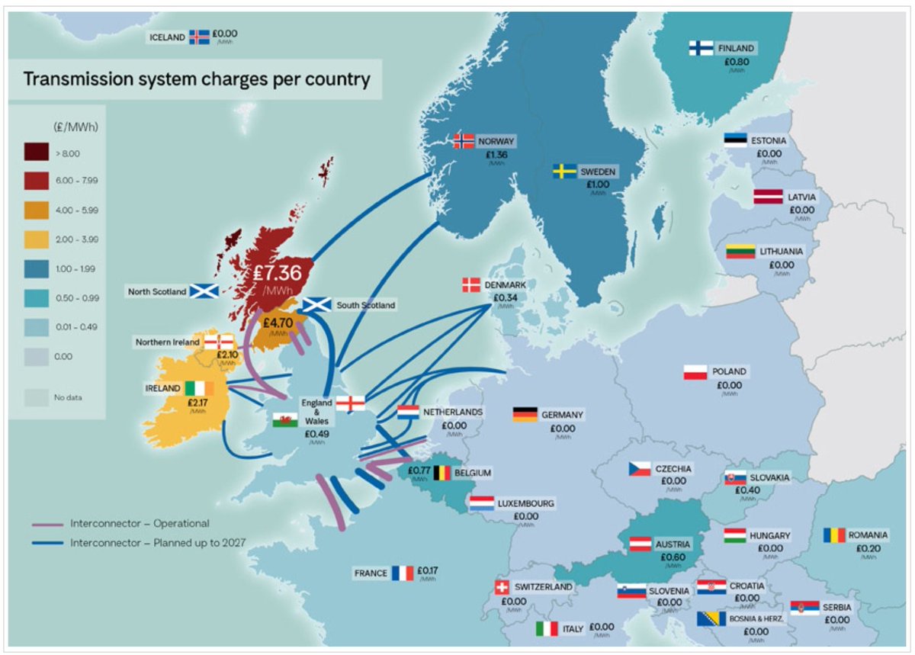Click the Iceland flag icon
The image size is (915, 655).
(x=199, y=37)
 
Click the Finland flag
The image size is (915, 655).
(x=701, y=48)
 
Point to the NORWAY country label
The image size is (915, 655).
(x=496, y=141)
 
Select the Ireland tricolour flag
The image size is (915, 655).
(x=195, y=387)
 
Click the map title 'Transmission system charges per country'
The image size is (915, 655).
(x=196, y=79)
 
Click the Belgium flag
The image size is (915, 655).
(x=442, y=473)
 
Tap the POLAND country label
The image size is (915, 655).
(x=729, y=371)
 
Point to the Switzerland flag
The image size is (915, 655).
(x=502, y=587)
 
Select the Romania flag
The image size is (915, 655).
(x=833, y=535)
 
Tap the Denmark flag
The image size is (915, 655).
(x=471, y=285)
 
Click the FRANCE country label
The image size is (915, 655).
(x=370, y=573)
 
